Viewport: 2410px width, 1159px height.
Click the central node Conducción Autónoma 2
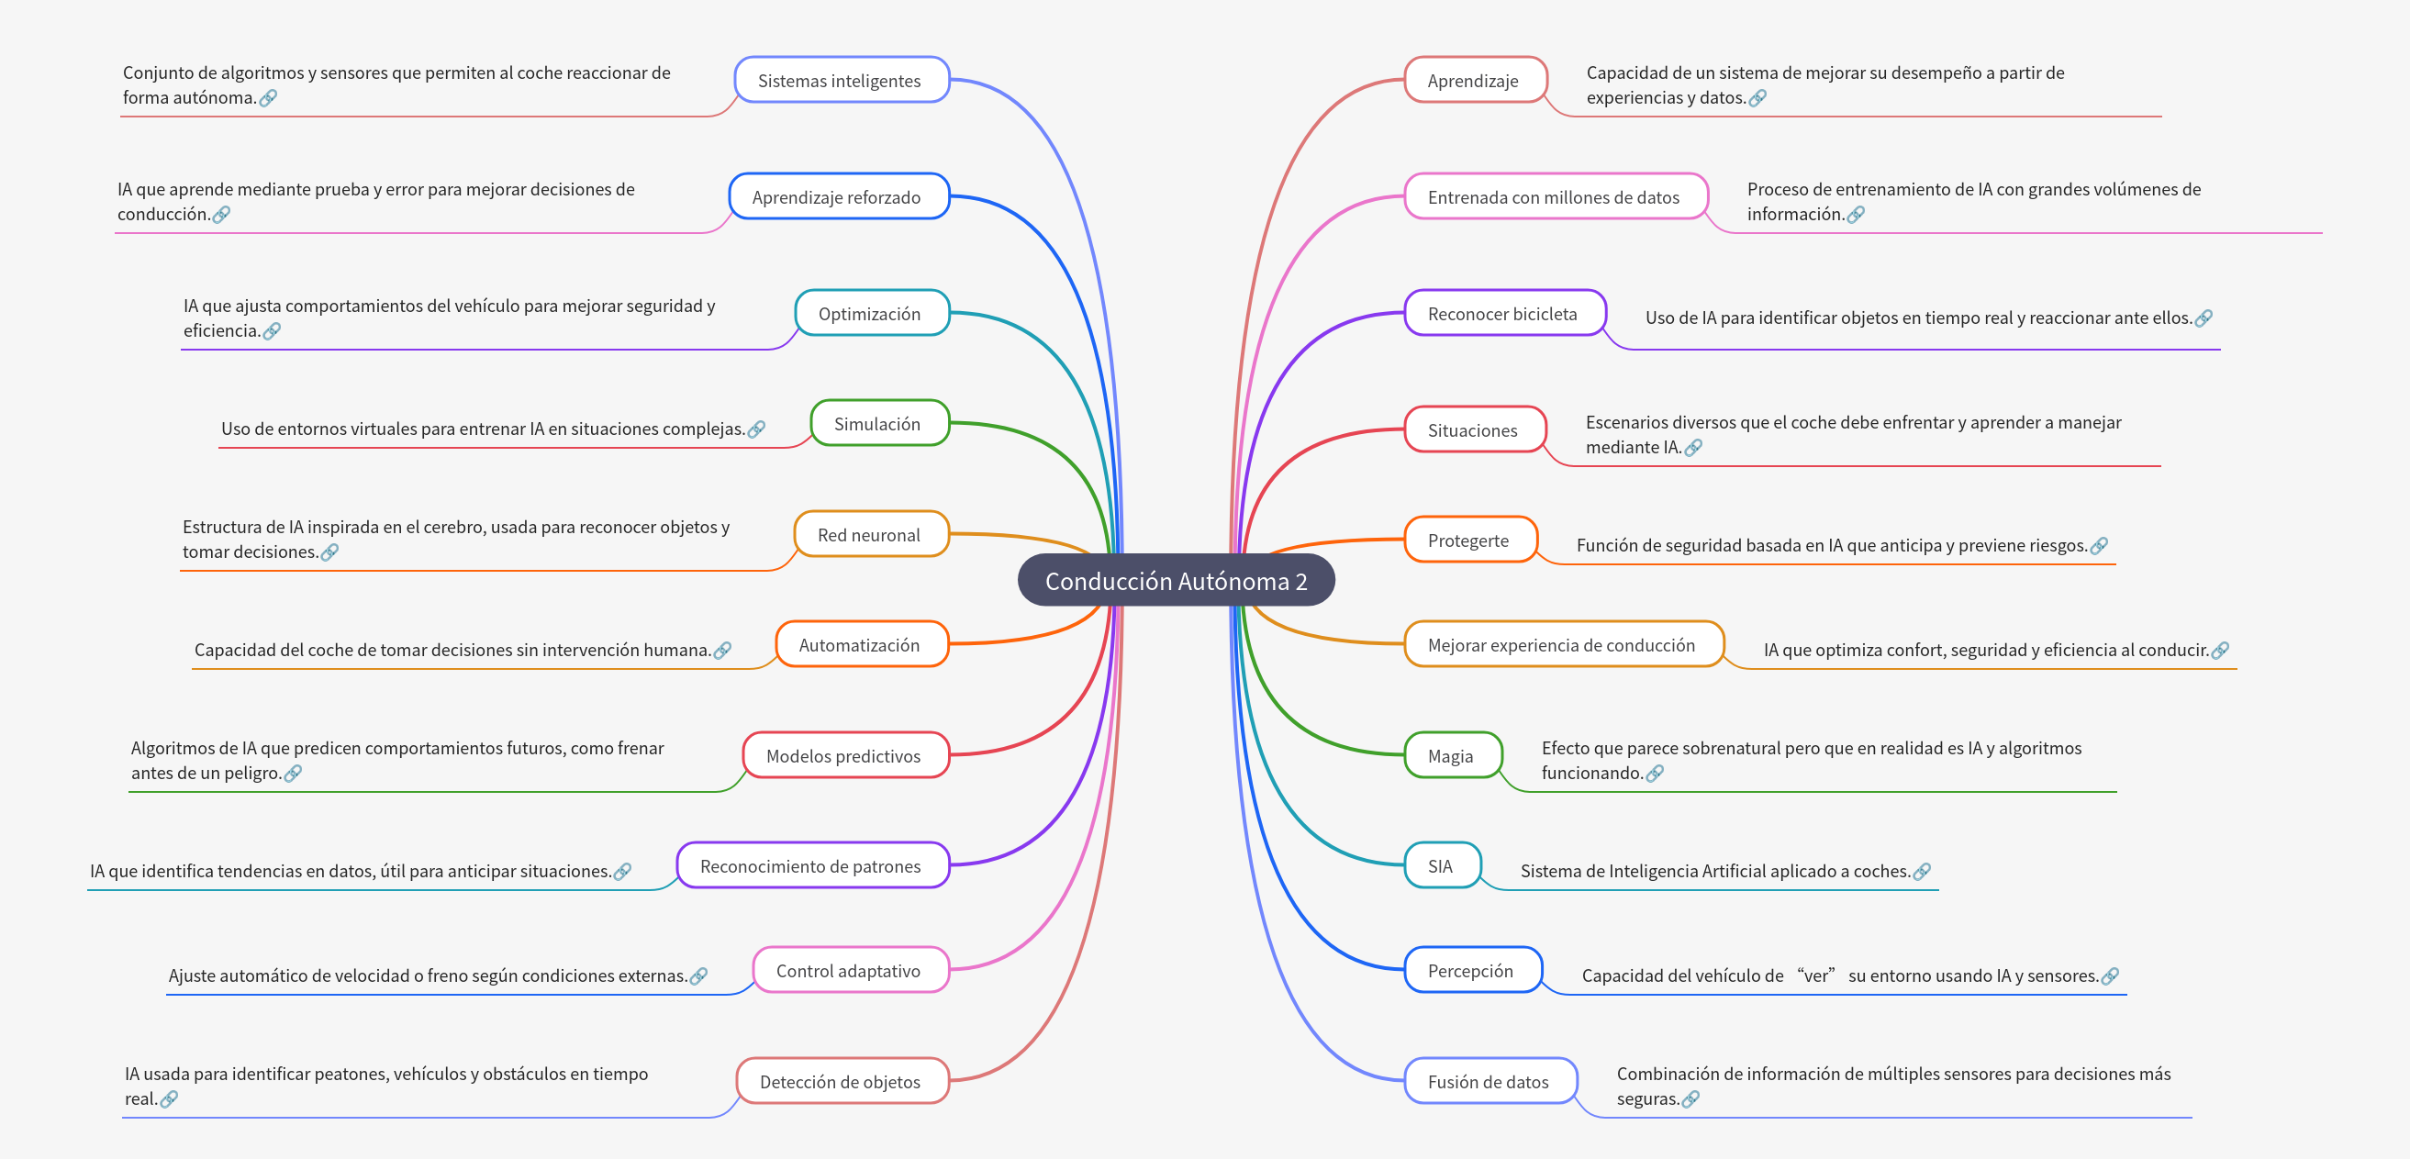click(1175, 581)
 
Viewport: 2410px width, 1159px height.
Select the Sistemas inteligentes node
click(840, 81)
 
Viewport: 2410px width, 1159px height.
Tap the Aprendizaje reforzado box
click(837, 197)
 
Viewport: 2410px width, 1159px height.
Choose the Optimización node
click(870, 313)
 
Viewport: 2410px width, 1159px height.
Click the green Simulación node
click(877, 424)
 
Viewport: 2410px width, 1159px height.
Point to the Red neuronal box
click(869, 535)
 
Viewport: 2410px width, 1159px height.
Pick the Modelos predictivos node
click(844, 756)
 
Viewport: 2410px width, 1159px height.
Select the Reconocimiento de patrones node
click(811, 866)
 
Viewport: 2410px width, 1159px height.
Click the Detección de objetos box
click(840, 1081)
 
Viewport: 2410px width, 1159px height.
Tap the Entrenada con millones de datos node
click(1554, 197)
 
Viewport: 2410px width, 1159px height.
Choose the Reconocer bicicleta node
click(1502, 313)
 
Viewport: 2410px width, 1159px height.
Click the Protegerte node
click(1468, 540)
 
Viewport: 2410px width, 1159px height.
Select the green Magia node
click(1451, 756)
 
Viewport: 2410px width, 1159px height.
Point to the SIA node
click(1441, 866)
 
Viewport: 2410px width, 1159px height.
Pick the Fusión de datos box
click(1489, 1081)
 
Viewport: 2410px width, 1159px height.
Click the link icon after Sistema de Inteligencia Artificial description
click(1923, 871)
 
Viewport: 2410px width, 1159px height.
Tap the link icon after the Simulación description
click(757, 429)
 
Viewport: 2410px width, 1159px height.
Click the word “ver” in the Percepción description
click(1816, 975)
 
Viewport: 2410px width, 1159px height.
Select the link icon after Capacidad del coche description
click(722, 650)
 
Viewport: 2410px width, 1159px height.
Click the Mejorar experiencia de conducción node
click(1561, 645)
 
